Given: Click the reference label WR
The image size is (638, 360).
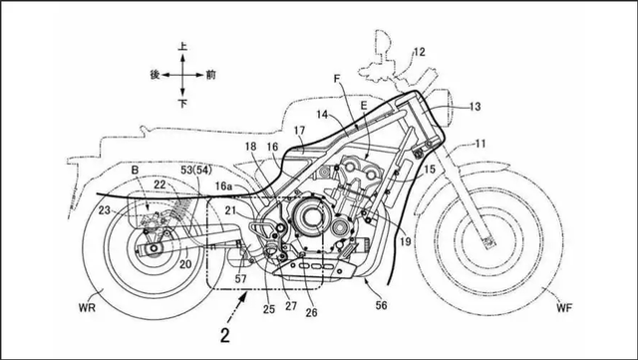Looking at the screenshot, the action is tap(87, 307).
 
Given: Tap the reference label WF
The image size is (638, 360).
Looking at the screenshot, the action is tap(564, 308).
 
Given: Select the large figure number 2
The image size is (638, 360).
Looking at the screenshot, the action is tap(225, 335).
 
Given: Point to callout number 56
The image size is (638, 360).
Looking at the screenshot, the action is tap(381, 305).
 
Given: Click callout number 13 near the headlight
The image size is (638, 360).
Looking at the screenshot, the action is tap(475, 107).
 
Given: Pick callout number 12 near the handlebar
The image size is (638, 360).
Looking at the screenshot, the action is tap(419, 52).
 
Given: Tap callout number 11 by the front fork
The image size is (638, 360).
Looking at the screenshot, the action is tap(480, 144).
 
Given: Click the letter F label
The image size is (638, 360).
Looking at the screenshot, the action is tap(337, 79).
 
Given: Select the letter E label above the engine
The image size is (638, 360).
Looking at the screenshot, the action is tap(363, 106).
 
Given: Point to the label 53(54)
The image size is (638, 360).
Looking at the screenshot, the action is tap(197, 171).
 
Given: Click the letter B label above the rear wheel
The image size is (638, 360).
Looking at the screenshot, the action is tap(135, 171).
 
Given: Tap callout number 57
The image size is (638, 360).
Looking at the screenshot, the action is tap(241, 279).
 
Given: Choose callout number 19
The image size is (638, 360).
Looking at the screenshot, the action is tap(406, 242).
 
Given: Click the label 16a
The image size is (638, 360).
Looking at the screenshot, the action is tap(223, 186).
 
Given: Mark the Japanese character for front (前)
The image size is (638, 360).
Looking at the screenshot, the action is tap(210, 75).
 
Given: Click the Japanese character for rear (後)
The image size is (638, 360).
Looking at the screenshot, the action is tap(155, 75).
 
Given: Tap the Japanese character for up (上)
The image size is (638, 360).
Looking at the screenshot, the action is tap(182, 47).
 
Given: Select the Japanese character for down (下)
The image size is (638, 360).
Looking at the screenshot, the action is tap(182, 104).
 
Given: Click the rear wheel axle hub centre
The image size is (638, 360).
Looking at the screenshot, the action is tap(154, 248).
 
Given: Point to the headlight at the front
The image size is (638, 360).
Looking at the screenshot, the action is tap(443, 107).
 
